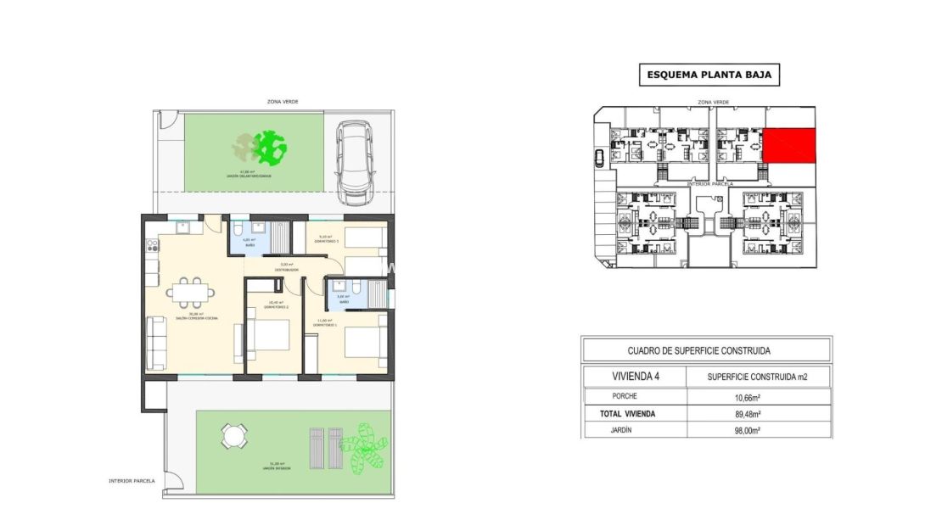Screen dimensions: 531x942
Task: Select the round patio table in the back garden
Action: (233, 437)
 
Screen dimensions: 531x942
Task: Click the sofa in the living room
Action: (157, 341)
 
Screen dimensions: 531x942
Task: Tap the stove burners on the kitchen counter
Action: (153, 246)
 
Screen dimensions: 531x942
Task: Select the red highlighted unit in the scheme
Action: (789, 145)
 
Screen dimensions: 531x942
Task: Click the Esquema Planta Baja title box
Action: (709, 75)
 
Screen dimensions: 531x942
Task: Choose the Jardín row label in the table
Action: (624, 430)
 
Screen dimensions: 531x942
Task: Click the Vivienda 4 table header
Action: (634, 377)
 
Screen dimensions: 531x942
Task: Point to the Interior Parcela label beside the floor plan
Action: (132, 480)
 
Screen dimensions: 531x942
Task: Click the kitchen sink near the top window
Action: (183, 227)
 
